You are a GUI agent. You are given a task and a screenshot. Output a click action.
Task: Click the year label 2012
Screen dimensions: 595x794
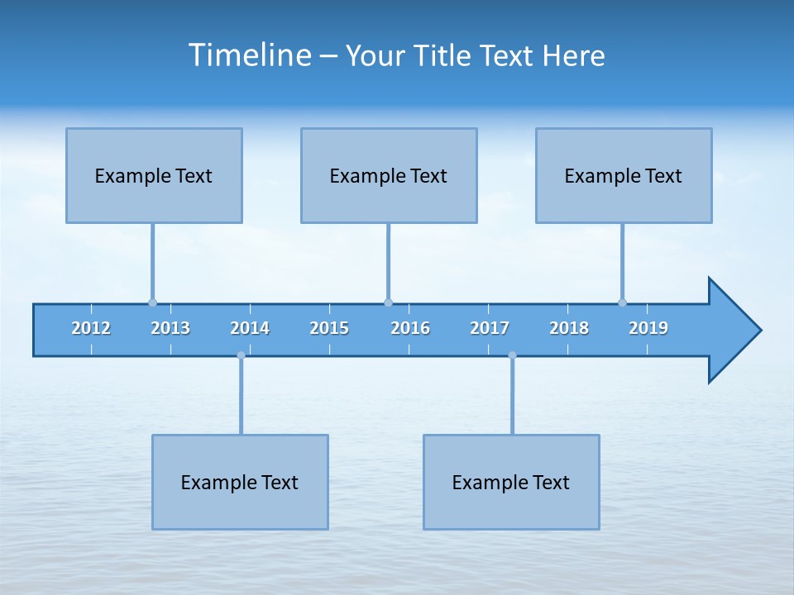pyautogui.click(x=91, y=328)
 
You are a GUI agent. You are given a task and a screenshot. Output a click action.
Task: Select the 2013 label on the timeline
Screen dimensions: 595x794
pyautogui.click(x=170, y=328)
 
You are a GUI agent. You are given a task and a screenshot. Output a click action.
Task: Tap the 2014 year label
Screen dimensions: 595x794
pyautogui.click(x=250, y=328)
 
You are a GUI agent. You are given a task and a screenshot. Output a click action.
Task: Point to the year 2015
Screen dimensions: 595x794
pyautogui.click(x=329, y=328)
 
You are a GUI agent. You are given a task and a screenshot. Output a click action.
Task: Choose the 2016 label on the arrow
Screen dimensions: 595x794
pyautogui.click(x=410, y=328)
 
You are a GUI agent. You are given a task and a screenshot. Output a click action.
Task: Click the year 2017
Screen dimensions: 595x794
pyautogui.click(x=490, y=328)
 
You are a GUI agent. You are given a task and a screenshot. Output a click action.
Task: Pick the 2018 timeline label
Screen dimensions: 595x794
pyautogui.click(x=569, y=328)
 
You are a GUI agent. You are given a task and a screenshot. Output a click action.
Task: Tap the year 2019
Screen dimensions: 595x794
pyautogui.click(x=648, y=328)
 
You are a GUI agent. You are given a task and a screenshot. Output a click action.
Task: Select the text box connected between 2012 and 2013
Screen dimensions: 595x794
pyautogui.click(x=154, y=175)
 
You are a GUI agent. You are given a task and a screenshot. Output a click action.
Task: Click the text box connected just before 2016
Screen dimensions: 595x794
pyautogui.click(x=389, y=175)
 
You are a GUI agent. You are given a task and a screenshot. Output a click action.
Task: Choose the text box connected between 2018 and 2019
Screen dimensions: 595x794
pyautogui.click(x=624, y=175)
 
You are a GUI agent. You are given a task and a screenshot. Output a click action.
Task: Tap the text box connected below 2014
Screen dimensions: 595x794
pyautogui.click(x=240, y=482)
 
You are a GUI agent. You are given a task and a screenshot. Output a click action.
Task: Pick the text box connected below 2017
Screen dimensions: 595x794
pyautogui.click(x=511, y=482)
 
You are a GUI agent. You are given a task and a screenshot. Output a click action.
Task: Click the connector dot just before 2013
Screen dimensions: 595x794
pyautogui.click(x=152, y=302)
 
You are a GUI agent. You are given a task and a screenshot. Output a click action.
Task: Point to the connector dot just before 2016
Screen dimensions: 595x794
pyautogui.click(x=388, y=302)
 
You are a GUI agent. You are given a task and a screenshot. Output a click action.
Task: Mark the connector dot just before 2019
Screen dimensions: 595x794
pyautogui.click(x=622, y=302)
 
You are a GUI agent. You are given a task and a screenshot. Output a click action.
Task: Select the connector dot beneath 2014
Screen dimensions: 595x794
pyautogui.click(x=241, y=355)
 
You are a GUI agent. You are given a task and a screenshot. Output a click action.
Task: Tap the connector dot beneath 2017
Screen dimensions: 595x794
pyautogui.click(x=512, y=355)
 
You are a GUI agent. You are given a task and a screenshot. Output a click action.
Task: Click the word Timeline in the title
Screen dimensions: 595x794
pyautogui.click(x=249, y=55)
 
